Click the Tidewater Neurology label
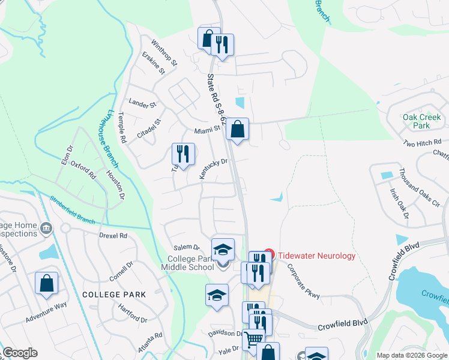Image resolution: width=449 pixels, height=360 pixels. pos(315,256)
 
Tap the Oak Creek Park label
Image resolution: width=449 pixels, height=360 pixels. pos(416,121)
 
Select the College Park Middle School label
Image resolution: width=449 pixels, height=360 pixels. pos(187,263)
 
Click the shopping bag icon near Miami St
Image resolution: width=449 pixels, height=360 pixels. pos(238,128)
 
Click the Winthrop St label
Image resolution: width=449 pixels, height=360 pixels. pos(164,53)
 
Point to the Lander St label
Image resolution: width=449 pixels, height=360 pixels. pos(142,104)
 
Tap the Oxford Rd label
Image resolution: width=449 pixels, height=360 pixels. pos(83,170)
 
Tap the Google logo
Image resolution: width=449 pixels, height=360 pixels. pos(20,353)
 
